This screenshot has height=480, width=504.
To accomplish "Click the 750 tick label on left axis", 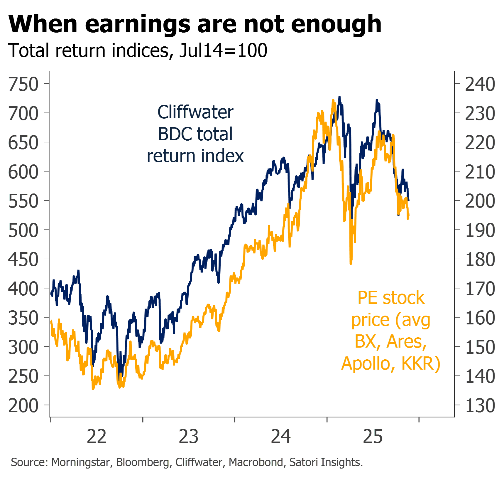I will [23, 84].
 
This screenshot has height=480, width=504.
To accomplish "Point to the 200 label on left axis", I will [23, 406].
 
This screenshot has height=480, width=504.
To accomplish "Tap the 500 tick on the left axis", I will [23, 230].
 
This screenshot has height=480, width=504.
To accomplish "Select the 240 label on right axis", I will [480, 84].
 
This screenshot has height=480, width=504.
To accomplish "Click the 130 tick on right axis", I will [480, 406].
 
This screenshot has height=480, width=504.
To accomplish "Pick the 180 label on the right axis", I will [480, 260].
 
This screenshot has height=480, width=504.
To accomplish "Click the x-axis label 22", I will [97, 437].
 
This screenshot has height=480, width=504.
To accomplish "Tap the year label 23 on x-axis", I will [189, 437].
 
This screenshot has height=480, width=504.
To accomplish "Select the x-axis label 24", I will [281, 437].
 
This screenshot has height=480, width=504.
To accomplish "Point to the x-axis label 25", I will [373, 437].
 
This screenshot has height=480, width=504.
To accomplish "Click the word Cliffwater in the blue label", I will [195, 112].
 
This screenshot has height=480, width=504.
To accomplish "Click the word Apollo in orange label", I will [366, 363].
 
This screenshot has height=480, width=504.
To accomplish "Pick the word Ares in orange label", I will [407, 342].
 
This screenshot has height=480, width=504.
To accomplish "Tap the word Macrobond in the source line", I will [256, 462].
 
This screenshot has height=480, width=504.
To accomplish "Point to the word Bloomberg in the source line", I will [143, 462].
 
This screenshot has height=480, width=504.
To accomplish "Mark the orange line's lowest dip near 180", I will [351, 263].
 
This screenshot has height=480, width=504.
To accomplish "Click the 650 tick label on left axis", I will [23, 143].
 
